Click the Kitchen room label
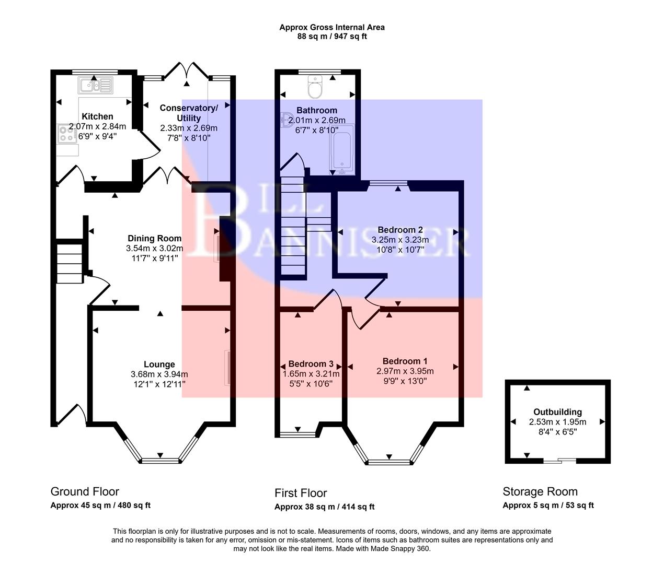pos(97,116)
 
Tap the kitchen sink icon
pos(96,85)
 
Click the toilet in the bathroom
pos(315,88)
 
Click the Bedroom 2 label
pos(400,230)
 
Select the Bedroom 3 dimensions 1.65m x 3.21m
pos(311,374)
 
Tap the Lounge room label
pos(159,365)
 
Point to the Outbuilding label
pos(557,412)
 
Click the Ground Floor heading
pos(85,491)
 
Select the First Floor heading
pos(301,493)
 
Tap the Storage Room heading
pos(540,491)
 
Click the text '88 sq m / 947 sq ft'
pos(332,37)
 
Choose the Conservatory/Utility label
pos(189,113)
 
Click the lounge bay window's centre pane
pos(161,460)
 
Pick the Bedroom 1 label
pos(405,361)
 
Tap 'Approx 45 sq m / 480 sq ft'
pos(100,505)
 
